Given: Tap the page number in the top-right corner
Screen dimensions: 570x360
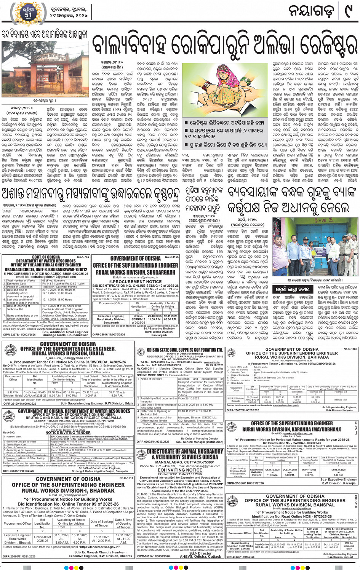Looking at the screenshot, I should point(347,12).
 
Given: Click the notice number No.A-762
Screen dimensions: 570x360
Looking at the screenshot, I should point(83,257).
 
